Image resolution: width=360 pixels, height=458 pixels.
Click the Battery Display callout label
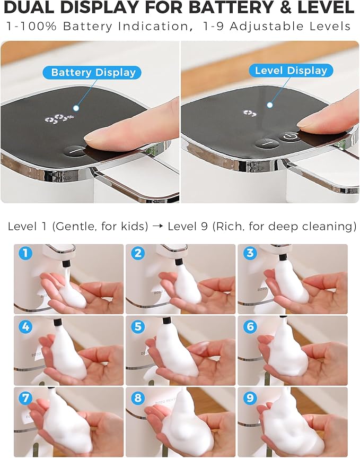[x=92, y=72]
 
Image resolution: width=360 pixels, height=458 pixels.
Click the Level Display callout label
[x=291, y=71]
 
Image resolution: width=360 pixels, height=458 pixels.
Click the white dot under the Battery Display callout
[x=76, y=108]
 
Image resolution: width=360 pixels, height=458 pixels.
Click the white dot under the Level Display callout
[x=270, y=105]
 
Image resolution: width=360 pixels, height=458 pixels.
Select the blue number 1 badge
[x=25, y=253]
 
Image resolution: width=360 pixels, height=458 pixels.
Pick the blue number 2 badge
[x=138, y=253]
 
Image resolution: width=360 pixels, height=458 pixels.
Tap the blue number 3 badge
[x=250, y=253]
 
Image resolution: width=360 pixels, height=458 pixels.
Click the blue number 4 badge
[x=25, y=326]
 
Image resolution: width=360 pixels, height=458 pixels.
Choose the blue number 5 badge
[x=138, y=326]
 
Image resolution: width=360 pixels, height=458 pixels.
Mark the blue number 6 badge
[x=250, y=326]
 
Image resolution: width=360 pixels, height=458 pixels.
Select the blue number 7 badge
[x=25, y=398]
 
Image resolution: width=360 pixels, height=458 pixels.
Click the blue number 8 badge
[x=138, y=398]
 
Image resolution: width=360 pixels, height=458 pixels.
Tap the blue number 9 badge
[x=250, y=398]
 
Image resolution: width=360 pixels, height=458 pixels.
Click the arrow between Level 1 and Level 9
[x=157, y=227]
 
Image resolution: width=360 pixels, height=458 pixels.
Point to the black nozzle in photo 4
[x=58, y=323]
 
